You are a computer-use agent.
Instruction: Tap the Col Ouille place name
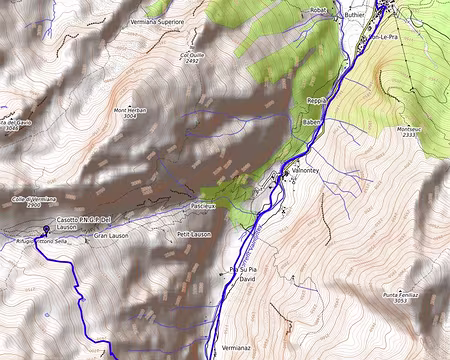(192, 54)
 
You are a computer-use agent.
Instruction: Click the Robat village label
(318, 10)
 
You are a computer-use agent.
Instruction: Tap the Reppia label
(317, 101)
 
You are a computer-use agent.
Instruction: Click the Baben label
(311, 121)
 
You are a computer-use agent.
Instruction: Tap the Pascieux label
(203, 205)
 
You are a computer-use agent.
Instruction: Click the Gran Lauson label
(111, 235)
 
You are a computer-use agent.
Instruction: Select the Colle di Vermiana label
(33, 199)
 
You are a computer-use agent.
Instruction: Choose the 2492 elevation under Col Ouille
(192, 61)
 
